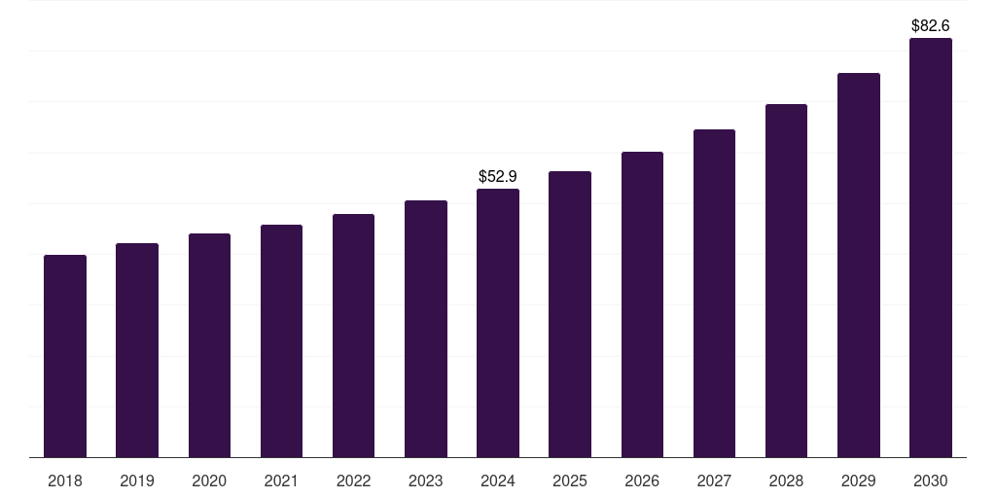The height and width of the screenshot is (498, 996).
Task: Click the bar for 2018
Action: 65,356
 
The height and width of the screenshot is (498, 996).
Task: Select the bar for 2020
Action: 209,345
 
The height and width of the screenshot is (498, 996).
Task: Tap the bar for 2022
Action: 353,336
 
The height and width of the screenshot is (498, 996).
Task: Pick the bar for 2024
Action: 498,323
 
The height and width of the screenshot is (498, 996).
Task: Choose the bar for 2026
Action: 642,304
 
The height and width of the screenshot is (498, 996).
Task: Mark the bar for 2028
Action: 786,281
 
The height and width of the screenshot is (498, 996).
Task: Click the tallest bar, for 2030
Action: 931,248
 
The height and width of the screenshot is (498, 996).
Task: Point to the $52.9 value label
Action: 498,176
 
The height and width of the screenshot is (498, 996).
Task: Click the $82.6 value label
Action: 931,25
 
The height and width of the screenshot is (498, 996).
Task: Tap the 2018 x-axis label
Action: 65,481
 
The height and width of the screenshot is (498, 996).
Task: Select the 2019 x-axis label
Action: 137,481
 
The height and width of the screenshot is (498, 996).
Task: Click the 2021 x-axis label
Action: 281,481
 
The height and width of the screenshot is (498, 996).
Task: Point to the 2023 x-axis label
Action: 426,481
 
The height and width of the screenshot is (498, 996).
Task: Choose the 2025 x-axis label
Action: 570,481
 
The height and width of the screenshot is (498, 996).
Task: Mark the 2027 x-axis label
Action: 714,481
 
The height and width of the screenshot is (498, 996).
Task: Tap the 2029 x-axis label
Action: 859,481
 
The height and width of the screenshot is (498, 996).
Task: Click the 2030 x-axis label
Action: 931,481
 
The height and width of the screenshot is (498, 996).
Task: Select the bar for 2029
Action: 859,266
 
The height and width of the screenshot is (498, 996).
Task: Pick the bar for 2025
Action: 570,314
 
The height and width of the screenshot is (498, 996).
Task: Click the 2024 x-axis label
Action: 498,481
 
